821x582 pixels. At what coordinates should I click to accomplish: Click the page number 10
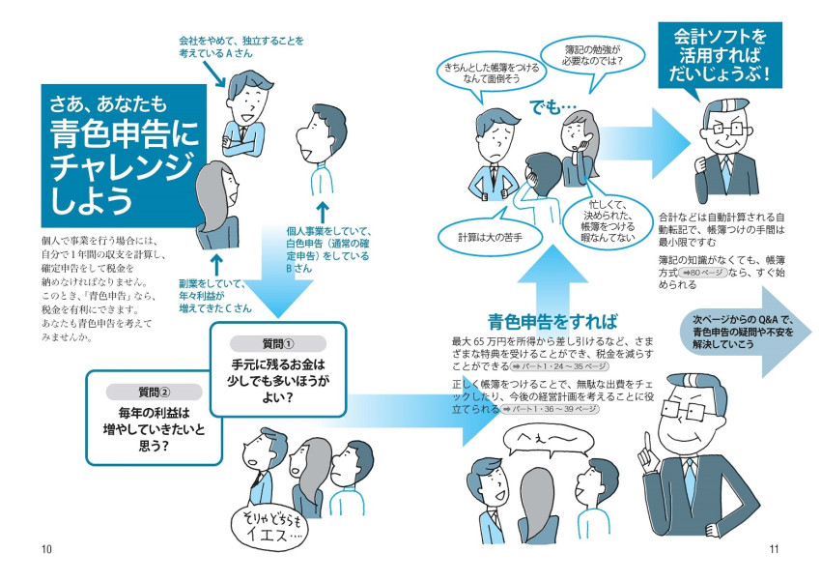pos(46,550)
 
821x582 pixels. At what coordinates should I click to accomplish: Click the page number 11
pos(774,550)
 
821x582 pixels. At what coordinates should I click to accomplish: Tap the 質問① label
pos(278,343)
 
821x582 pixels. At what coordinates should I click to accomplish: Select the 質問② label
pos(153,392)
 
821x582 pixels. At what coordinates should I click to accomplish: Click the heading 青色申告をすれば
pos(552,322)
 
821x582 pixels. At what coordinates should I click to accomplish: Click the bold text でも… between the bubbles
pos(552,106)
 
